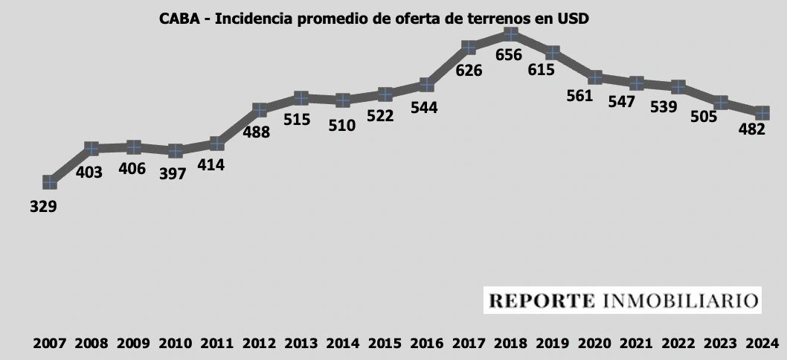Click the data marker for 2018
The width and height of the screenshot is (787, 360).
[x=510, y=34]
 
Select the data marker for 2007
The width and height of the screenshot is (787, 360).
[x=50, y=181]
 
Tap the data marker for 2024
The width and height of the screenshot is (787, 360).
[x=762, y=113]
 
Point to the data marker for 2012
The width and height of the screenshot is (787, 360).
[x=260, y=110]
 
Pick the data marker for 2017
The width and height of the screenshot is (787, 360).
[x=469, y=48]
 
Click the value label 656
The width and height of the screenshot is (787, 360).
[x=510, y=55]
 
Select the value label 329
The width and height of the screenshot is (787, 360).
[x=43, y=206]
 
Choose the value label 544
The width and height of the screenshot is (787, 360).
[x=424, y=107]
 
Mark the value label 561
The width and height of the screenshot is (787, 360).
[x=580, y=95]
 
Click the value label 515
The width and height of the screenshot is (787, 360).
[x=296, y=119]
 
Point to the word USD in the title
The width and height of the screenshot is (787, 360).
[x=574, y=19]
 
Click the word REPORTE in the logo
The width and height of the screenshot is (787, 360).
[x=542, y=301]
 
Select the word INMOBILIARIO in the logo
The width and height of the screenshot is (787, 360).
[x=679, y=301]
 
